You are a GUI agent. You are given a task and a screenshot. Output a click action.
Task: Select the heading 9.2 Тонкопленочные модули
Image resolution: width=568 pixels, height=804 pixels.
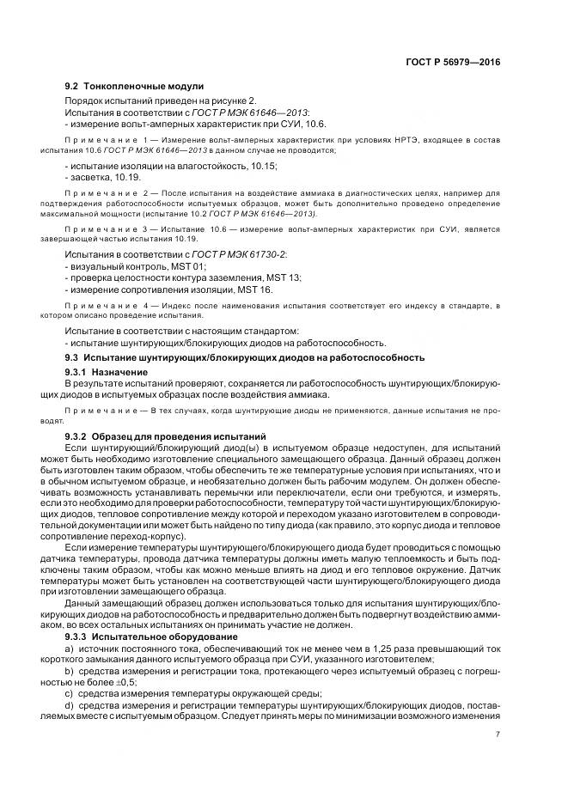[134, 87]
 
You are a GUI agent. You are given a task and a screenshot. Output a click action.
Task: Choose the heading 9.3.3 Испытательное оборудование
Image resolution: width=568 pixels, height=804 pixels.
[145, 639]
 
